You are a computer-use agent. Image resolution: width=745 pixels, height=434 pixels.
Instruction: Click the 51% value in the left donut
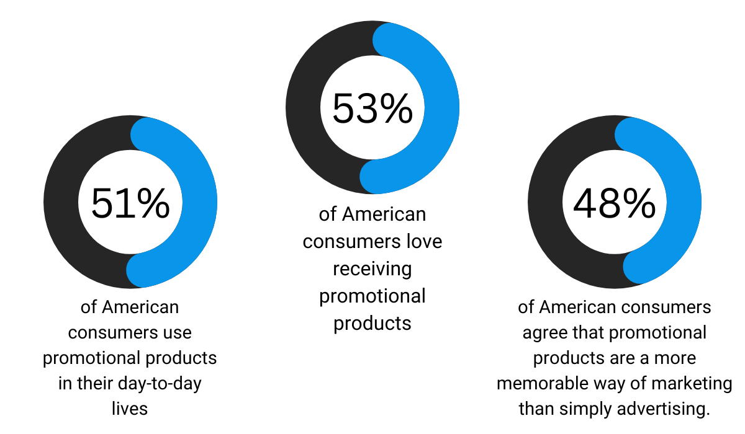130,203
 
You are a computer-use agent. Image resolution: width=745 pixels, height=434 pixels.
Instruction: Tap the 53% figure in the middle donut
372,108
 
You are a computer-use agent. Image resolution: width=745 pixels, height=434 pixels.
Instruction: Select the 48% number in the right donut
615,203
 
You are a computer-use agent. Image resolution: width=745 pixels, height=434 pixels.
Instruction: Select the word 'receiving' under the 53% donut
372,268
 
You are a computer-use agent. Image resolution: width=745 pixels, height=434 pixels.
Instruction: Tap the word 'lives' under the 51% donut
130,409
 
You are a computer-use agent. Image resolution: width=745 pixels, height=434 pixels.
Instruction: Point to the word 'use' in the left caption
178,332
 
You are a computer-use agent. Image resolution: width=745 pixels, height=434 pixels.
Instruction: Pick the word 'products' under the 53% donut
372,323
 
